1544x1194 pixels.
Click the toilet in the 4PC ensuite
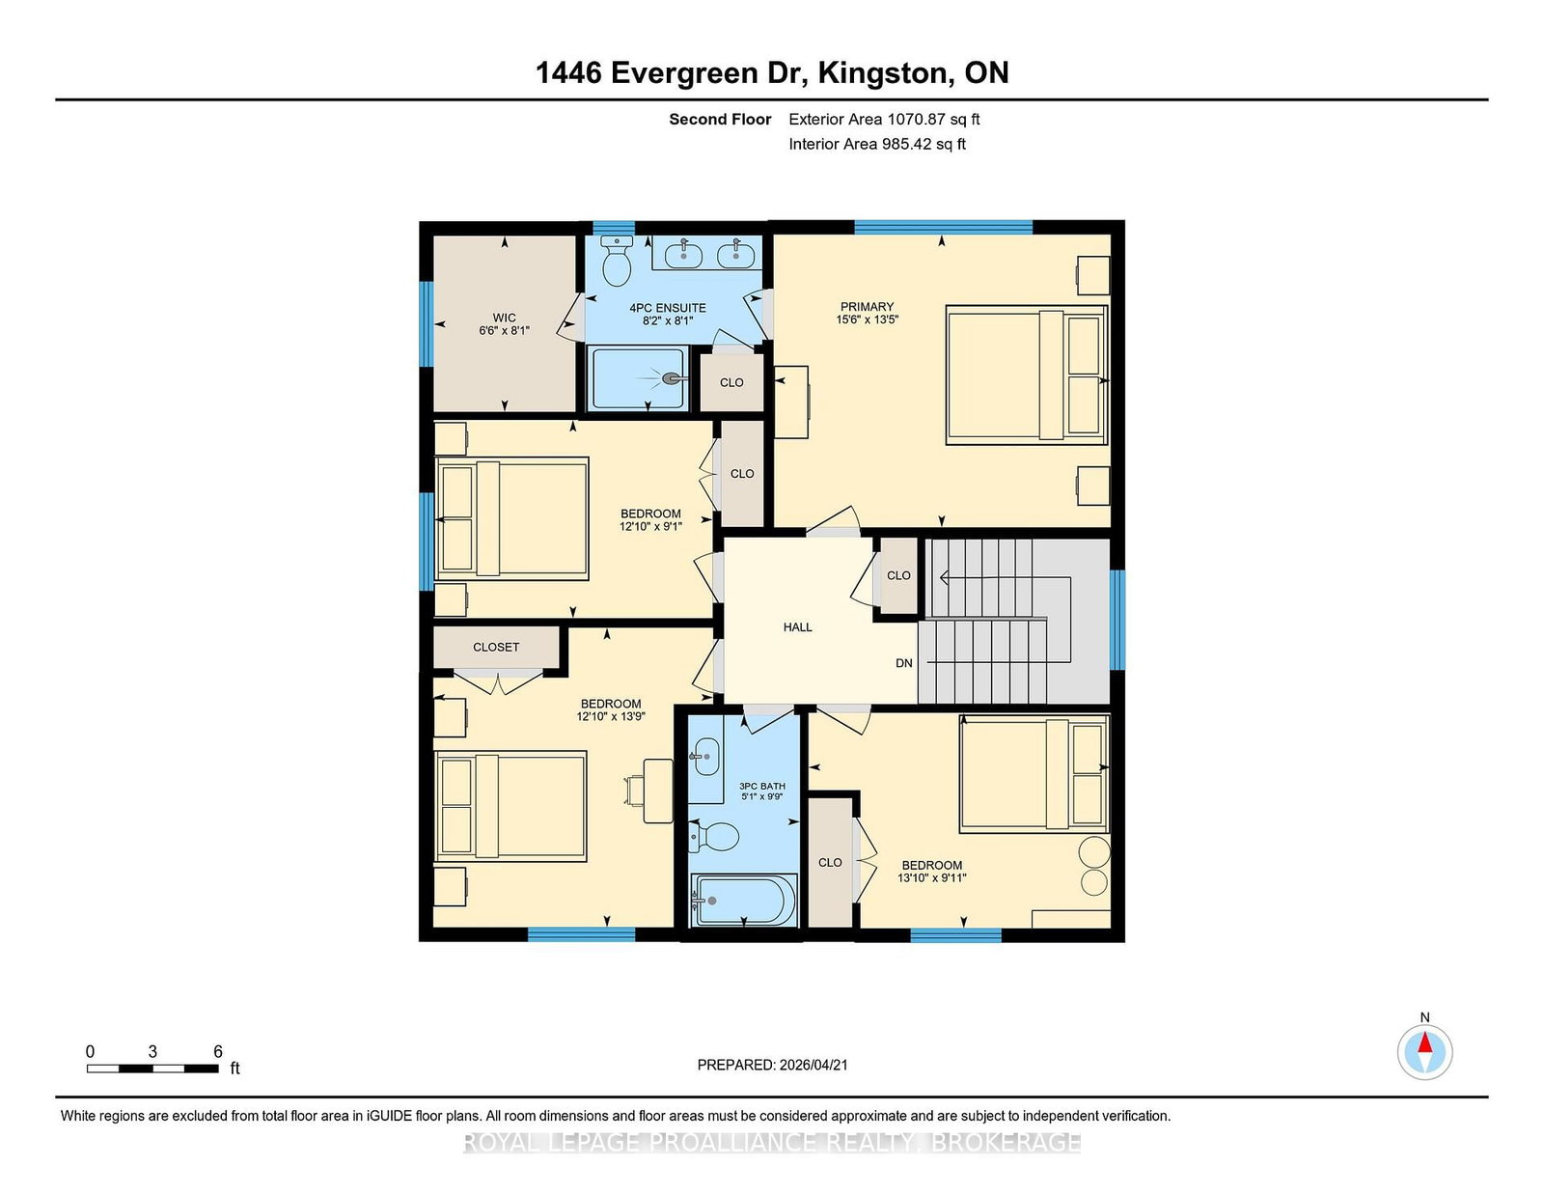click(x=617, y=261)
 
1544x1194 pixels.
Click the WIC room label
click(x=505, y=318)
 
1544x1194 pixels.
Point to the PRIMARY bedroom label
click(x=867, y=307)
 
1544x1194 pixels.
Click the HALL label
click(x=797, y=626)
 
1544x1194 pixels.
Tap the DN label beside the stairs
click(x=904, y=663)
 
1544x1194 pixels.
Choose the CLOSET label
click(x=496, y=647)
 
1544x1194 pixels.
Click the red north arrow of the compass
click(x=1424, y=1041)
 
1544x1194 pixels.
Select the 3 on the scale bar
click(x=152, y=1052)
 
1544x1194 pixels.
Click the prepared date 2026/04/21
click(x=813, y=1065)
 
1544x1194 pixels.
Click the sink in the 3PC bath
click(x=704, y=756)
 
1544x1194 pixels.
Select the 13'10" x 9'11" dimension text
click(x=931, y=877)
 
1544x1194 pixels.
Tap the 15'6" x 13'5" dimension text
click(x=867, y=319)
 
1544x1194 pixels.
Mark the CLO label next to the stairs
click(x=898, y=575)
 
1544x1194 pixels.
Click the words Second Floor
click(x=720, y=120)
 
